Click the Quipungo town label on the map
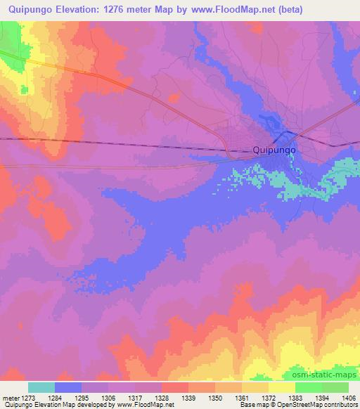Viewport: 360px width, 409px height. (x=274, y=150)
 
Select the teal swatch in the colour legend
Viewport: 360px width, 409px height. (x=41, y=387)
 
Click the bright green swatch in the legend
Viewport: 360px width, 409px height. (x=309, y=387)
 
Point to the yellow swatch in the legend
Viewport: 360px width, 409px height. (x=282, y=387)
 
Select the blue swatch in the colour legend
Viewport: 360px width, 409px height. (x=68, y=387)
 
